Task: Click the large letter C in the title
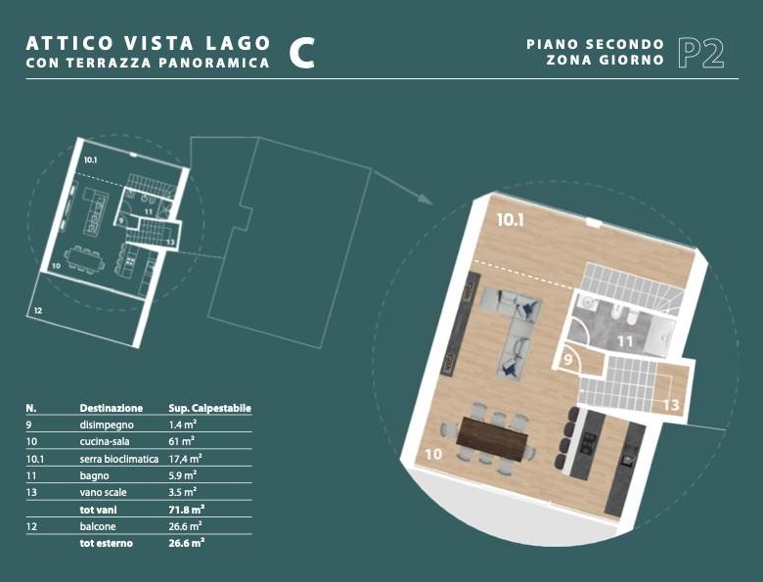[301, 53]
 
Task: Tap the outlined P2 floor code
[701, 53]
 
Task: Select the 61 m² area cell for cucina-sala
[182, 441]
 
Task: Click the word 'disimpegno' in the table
[107, 425]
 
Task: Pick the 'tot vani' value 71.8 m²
[187, 510]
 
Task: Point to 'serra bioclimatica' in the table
[119, 459]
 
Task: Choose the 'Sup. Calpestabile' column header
[209, 408]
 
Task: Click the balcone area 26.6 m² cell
[186, 526]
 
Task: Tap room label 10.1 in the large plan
[510, 220]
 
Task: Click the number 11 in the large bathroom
[625, 341]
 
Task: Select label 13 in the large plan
[671, 404]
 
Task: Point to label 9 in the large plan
[568, 361]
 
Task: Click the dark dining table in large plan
[491, 439]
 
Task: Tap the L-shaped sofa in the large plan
[511, 327]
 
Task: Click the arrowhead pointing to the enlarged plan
[425, 199]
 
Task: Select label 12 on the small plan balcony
[38, 310]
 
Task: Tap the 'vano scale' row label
[103, 492]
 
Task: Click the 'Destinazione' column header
[112, 408]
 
